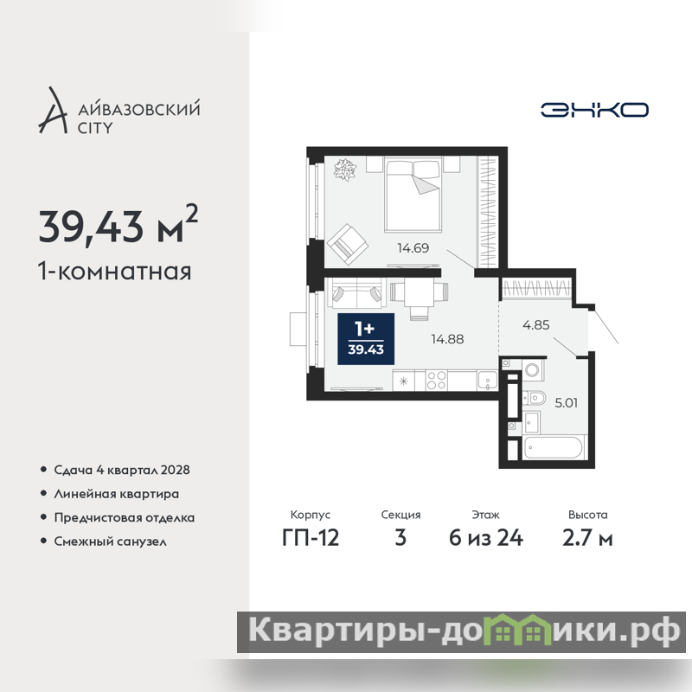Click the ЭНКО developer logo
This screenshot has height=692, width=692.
click(x=594, y=110)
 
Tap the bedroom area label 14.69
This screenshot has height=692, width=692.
click(x=413, y=248)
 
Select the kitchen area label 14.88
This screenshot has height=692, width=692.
click(x=447, y=339)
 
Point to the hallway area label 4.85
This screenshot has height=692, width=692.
click(x=535, y=325)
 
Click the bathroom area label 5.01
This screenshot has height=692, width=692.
click(x=567, y=402)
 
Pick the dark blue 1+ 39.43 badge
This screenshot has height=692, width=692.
click(x=366, y=339)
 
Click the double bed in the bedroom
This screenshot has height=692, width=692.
click(x=413, y=195)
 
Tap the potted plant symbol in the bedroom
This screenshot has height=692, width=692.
click(x=344, y=170)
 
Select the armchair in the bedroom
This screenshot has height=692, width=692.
click(x=348, y=244)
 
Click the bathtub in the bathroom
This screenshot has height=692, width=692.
click(x=554, y=448)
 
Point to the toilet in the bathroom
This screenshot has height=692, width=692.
click(x=534, y=399)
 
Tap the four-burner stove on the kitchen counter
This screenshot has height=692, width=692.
click(x=437, y=381)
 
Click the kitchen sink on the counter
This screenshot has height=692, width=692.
click(x=488, y=381)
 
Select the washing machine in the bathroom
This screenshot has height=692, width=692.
click(x=533, y=370)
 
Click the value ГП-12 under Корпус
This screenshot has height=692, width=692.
click(x=311, y=538)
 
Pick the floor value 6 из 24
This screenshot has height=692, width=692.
click(x=486, y=538)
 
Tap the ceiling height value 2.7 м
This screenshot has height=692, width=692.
click(x=587, y=538)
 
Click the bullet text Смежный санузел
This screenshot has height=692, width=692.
click(x=111, y=541)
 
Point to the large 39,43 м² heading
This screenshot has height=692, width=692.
click(x=119, y=225)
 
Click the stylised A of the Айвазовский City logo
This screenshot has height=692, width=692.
click(x=54, y=110)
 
